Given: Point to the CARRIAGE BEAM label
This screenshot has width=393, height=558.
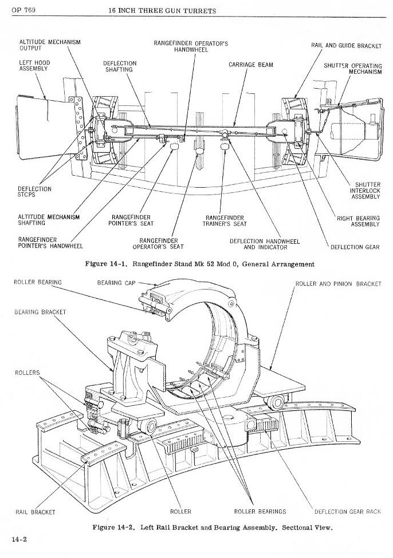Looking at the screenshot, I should point(250,65).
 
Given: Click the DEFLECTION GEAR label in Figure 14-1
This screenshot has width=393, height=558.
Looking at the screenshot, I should point(355,247).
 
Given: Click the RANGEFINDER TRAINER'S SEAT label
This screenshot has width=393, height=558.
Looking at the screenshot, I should point(225,221).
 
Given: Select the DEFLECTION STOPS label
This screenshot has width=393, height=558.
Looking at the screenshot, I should point(34,192).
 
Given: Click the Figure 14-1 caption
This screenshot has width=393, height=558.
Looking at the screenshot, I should point(200,264).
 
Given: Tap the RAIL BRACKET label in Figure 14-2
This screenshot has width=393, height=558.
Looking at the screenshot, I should point(35,512).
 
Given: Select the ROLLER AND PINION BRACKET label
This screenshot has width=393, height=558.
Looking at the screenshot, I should point(338,284).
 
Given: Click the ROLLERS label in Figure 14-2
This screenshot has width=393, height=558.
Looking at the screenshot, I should point(27,373).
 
